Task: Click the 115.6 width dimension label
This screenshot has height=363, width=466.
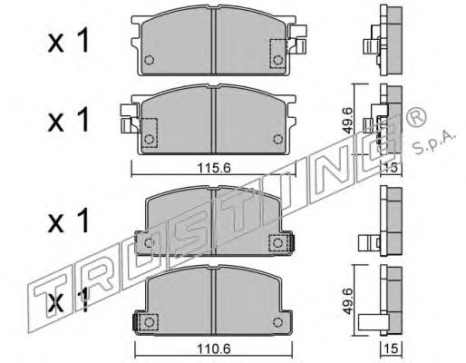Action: point(214,168)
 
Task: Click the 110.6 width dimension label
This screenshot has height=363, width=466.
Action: point(214,349)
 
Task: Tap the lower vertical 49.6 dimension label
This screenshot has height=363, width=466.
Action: point(348,301)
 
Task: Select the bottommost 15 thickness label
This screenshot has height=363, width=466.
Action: point(392,348)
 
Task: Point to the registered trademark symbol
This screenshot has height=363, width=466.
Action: point(416,116)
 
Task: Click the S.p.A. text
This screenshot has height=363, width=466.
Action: point(434,142)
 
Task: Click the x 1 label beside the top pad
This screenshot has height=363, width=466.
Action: point(69,41)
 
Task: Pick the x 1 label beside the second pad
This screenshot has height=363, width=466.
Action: point(69,120)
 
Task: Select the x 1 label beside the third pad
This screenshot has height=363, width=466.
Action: point(69,221)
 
